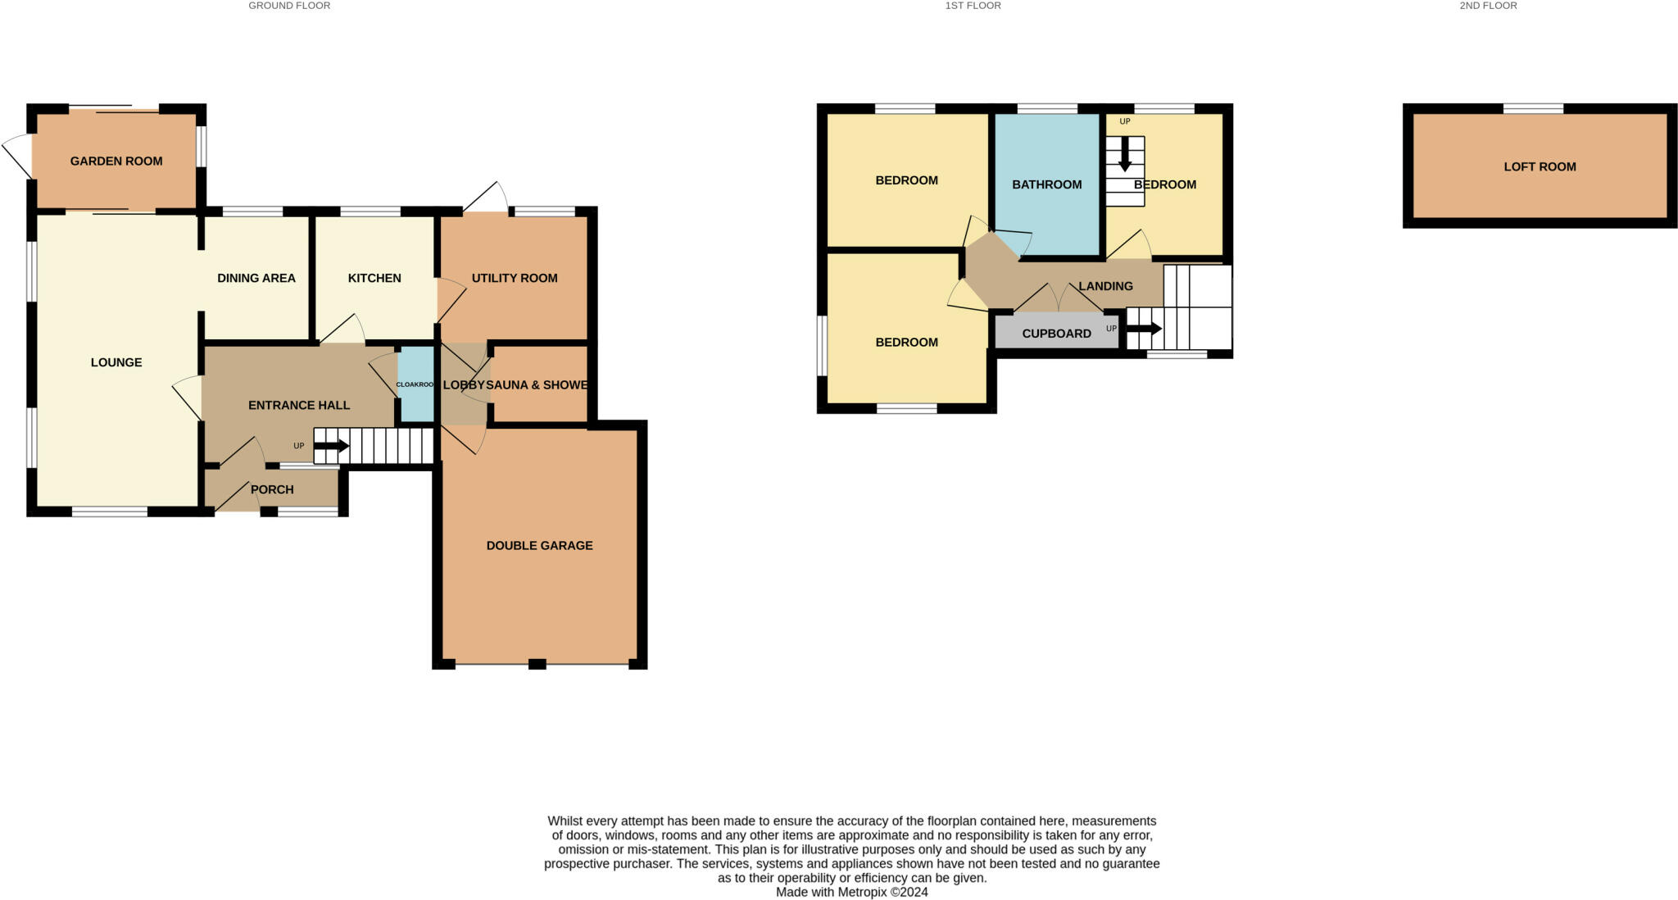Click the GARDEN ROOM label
tap(116, 161)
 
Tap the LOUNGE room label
tap(116, 362)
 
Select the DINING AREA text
tap(256, 279)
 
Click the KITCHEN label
tap(374, 279)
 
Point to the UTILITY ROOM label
tap(515, 279)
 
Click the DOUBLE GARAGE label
tap(539, 546)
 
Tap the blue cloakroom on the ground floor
tap(416, 384)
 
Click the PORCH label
tap(272, 490)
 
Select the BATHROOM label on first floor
tap(1046, 185)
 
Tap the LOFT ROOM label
tap(1540, 167)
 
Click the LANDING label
tap(1105, 287)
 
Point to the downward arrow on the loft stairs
tap(1125, 155)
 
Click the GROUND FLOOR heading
tap(289, 6)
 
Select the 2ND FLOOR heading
tap(1488, 6)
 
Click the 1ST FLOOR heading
tap(973, 6)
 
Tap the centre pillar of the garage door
tap(537, 664)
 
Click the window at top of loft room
tap(1533, 108)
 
